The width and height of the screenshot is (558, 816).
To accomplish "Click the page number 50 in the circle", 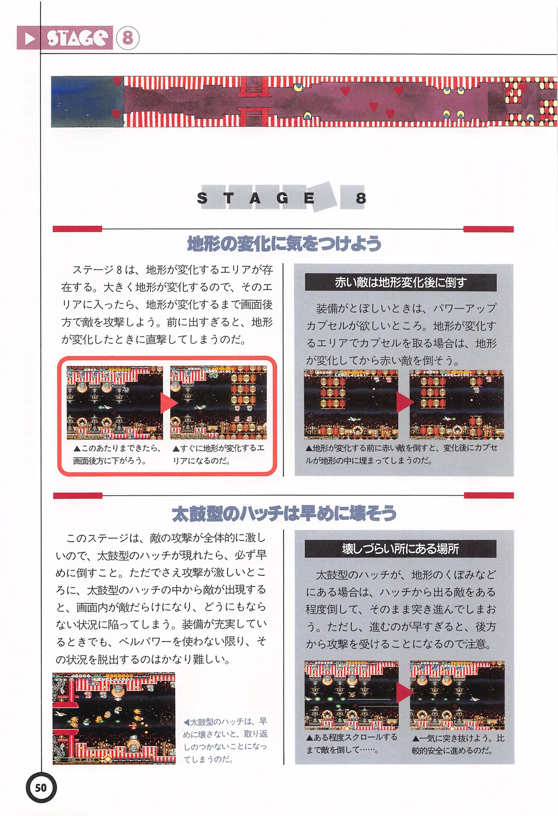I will click(41, 788).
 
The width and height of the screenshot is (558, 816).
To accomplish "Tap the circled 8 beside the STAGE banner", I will click(127, 38).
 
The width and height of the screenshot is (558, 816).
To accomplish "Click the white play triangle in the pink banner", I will click(30, 38).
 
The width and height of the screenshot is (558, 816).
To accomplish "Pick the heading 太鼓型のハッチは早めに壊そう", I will click(284, 514).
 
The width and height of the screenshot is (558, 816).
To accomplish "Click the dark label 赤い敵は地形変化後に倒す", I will click(400, 282).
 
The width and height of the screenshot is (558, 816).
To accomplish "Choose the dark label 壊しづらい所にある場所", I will click(400, 549).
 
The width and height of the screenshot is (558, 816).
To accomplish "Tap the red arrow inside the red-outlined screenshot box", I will click(167, 403).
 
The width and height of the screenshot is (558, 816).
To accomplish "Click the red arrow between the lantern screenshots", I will click(404, 403).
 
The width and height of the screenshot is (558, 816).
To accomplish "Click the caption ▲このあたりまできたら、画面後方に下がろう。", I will click(116, 454).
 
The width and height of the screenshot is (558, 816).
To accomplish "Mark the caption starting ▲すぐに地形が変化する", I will click(218, 454).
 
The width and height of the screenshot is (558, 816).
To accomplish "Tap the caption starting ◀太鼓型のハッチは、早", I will click(225, 740).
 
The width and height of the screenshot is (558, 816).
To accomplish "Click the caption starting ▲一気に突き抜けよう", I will click(457, 744).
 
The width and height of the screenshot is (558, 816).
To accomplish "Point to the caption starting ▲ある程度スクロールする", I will click(351, 743).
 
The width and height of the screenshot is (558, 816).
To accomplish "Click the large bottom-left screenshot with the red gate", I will click(114, 719).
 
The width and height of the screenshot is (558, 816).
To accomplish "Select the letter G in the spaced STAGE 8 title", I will click(282, 198).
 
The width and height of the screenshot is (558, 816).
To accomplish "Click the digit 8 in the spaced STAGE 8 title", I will click(361, 198).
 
